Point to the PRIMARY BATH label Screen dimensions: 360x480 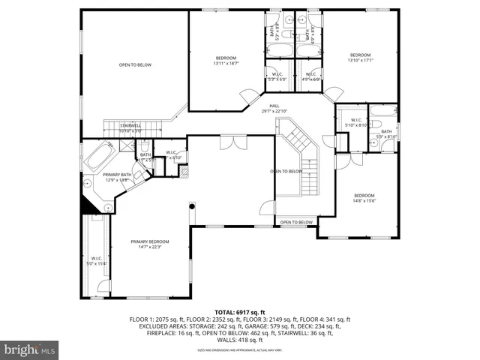118,177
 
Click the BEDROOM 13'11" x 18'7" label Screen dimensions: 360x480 226,61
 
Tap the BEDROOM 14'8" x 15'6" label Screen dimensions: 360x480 364,198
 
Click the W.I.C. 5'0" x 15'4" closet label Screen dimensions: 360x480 96,260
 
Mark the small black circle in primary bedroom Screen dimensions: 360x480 192,205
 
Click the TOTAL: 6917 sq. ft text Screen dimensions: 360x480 240,311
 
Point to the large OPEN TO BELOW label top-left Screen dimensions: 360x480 135,65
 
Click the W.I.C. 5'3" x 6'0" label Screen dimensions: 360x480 277,76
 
